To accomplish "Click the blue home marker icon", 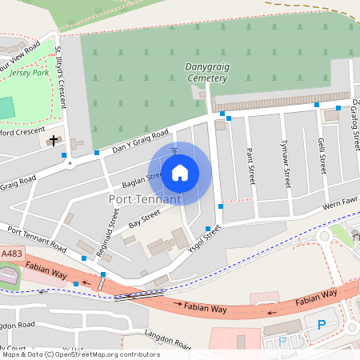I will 180,171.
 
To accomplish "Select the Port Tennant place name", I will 144,198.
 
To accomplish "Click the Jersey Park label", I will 30,73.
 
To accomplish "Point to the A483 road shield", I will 12,254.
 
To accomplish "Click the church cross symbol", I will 54,141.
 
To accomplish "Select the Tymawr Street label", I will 286,166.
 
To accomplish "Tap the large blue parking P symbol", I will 322,324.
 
